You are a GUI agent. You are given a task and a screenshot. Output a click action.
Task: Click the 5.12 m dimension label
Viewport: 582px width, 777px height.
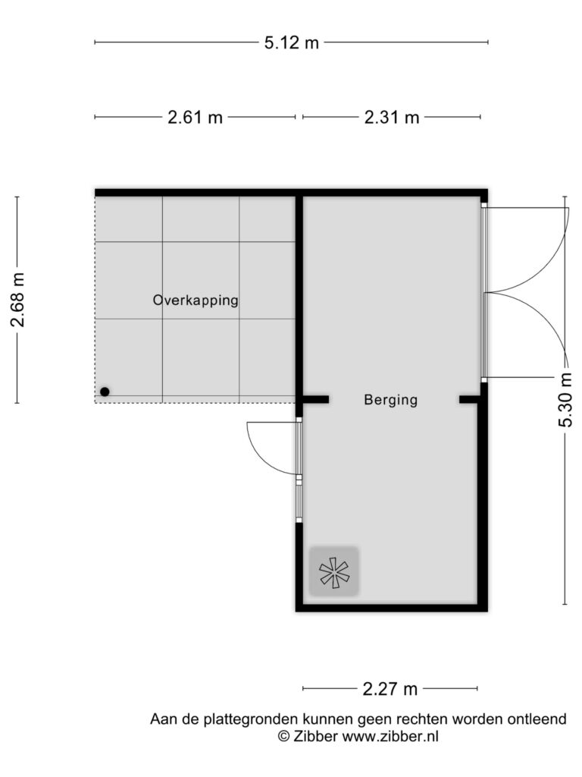click(292, 42)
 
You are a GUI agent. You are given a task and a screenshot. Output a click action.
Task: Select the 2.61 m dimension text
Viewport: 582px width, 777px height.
click(195, 118)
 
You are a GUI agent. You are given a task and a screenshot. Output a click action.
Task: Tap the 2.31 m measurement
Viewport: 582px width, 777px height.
click(392, 118)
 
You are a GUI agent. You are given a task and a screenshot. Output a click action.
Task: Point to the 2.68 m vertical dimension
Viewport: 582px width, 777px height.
click(18, 300)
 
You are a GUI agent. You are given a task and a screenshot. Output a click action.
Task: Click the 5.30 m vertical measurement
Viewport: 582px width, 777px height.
click(565, 400)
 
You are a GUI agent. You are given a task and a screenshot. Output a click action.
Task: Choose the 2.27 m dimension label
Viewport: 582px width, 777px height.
click(390, 689)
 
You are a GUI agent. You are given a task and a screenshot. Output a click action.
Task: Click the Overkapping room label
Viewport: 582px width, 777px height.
click(196, 300)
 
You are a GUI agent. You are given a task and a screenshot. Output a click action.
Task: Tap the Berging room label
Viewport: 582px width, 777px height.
click(391, 400)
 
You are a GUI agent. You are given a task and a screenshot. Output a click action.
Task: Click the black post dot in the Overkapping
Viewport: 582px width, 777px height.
click(105, 392)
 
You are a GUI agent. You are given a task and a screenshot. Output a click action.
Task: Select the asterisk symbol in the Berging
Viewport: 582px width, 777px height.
click(334, 573)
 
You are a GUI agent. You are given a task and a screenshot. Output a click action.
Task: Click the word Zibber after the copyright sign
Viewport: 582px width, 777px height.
click(316, 736)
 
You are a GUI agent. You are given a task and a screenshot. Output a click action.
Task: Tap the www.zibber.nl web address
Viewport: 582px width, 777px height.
click(390, 736)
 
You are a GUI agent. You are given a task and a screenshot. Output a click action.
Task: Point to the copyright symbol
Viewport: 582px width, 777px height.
click(283, 736)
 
